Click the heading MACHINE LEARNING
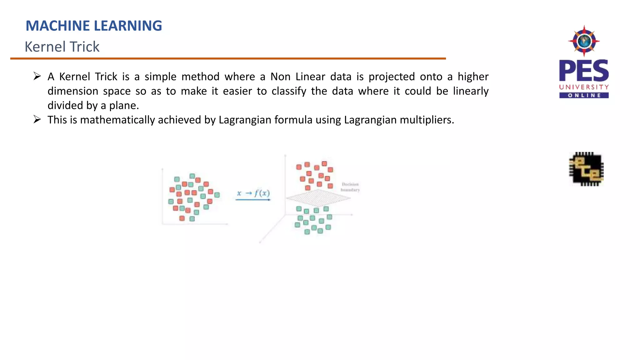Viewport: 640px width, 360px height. [94, 26]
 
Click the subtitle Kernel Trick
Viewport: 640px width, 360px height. [62, 47]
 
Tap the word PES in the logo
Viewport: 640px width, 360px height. [584, 71]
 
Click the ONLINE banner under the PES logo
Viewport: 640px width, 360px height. [584, 95]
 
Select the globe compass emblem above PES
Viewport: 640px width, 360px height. [584, 41]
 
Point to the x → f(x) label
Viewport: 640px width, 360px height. [253, 193]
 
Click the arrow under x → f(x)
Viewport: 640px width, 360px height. [253, 200]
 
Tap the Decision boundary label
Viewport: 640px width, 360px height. [350, 187]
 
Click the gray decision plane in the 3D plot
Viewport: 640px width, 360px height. [318, 198]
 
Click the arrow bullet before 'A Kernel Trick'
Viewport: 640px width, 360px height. [37, 76]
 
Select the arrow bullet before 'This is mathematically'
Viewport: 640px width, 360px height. [37, 119]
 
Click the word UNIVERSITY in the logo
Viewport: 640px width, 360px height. [584, 87]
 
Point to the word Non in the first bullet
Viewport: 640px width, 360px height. [280, 77]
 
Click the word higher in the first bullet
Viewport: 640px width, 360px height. [473, 77]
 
